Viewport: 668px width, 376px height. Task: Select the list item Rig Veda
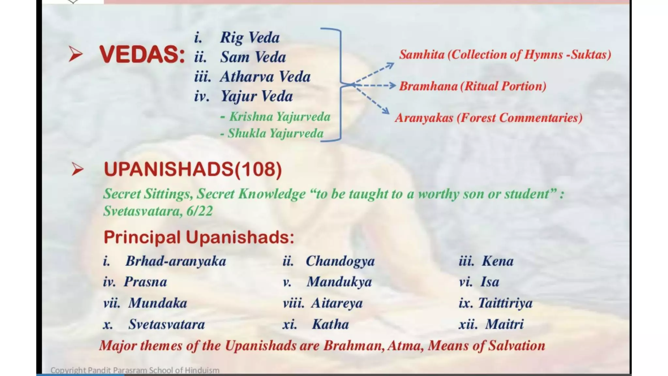click(x=250, y=38)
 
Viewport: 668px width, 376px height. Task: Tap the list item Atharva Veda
click(x=265, y=77)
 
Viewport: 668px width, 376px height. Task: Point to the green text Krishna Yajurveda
click(x=280, y=117)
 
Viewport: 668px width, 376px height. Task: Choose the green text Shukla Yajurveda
click(x=275, y=133)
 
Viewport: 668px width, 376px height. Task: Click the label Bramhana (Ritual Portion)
click(x=473, y=86)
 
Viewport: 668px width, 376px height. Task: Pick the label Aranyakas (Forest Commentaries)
click(x=489, y=118)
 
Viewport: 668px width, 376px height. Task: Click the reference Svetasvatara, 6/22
click(x=158, y=211)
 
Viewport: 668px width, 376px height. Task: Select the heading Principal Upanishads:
click(x=199, y=237)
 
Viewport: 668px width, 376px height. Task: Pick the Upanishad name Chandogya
click(x=340, y=261)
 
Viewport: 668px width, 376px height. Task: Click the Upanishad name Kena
click(x=498, y=261)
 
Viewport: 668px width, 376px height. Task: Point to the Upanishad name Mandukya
click(x=339, y=282)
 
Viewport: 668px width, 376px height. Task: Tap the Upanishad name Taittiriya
click(x=505, y=303)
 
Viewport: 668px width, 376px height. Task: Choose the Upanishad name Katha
click(x=330, y=324)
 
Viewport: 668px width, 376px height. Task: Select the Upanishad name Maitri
click(x=504, y=324)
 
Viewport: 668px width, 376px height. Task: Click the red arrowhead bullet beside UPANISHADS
click(x=77, y=169)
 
